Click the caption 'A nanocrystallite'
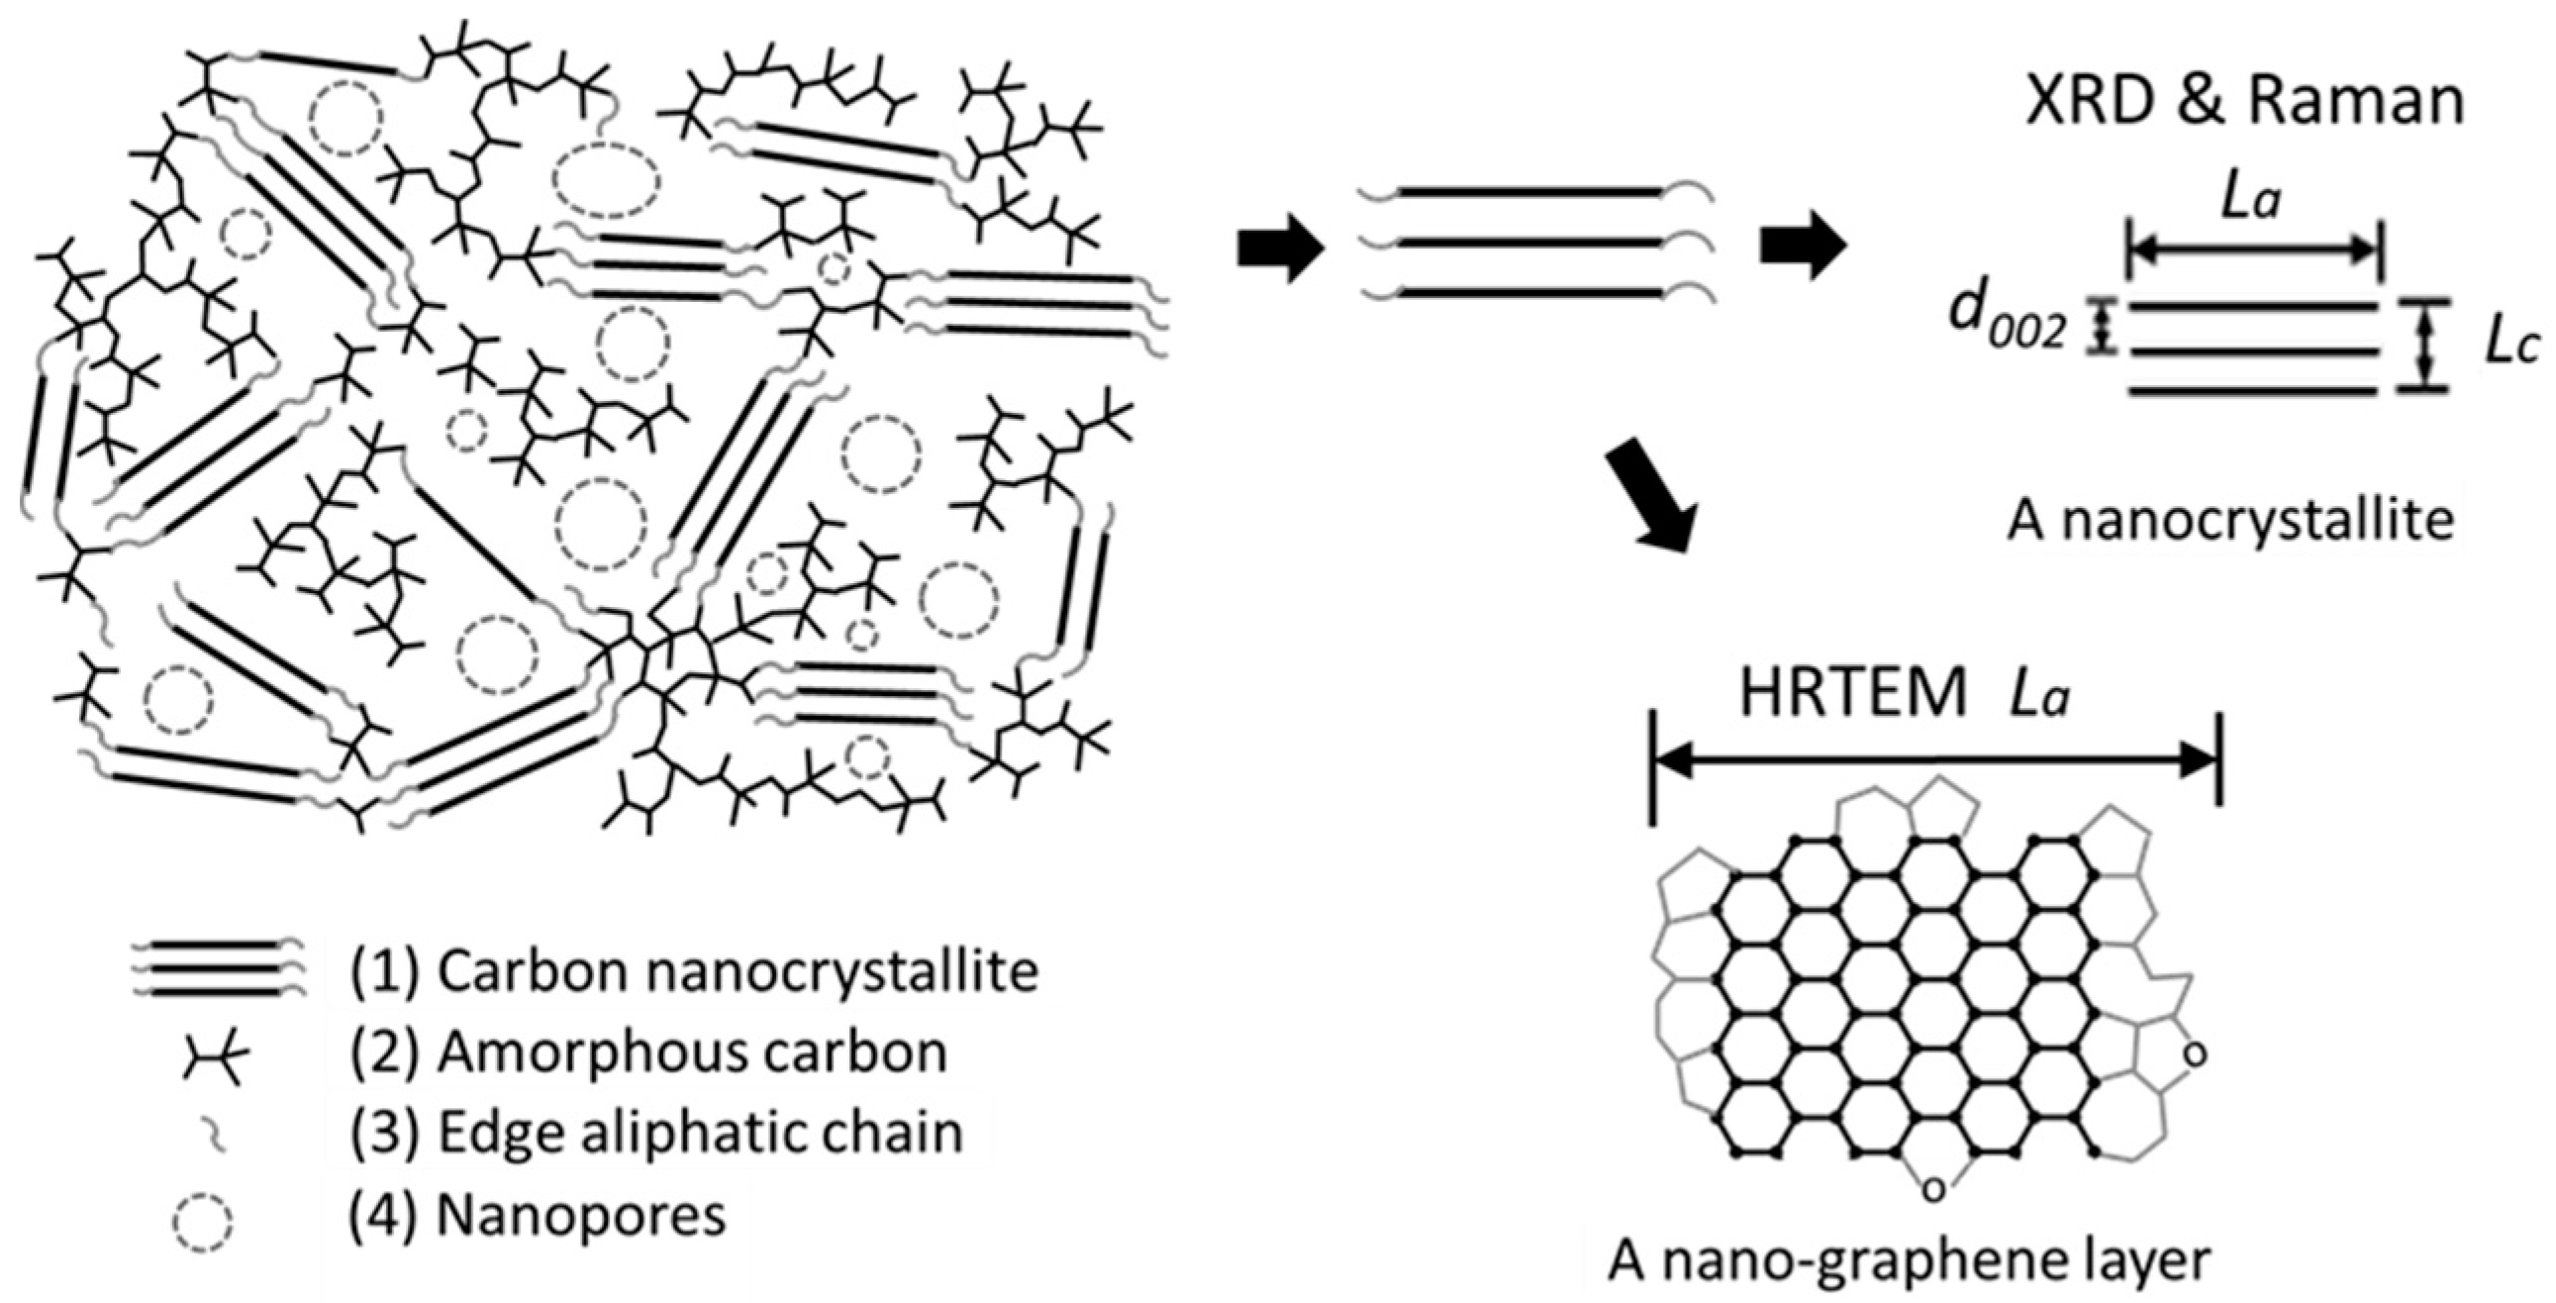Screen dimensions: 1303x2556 (x=2228, y=520)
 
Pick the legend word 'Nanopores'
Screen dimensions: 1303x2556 (x=580, y=1214)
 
